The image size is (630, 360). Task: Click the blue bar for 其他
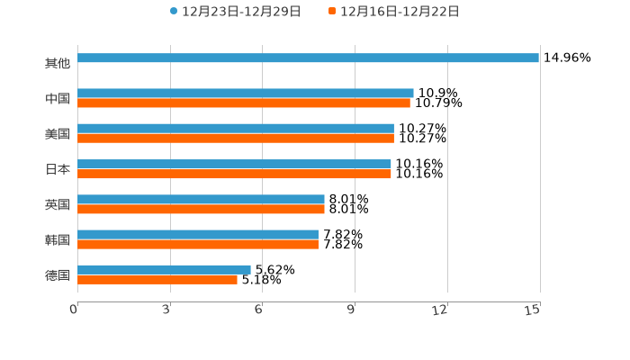pos(308,58)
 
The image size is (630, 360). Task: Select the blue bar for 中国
pos(246,93)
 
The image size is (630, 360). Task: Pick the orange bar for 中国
pos(244,103)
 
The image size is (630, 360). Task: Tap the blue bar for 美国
pos(236,129)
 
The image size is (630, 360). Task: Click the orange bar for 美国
pos(236,139)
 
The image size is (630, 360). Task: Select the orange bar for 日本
pos(234,174)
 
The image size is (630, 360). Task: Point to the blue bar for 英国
pos(201,199)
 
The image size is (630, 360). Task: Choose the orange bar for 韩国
pos(198,244)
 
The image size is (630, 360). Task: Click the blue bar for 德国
pos(164,269)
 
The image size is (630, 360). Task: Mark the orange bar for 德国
pos(157,279)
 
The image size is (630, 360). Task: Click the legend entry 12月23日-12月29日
pos(235,12)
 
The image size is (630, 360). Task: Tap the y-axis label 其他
pos(58,64)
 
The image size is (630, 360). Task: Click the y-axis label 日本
pos(58,169)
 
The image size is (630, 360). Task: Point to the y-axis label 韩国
pos(58,239)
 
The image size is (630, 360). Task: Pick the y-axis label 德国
pos(58,274)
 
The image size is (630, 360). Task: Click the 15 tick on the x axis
pos(533,310)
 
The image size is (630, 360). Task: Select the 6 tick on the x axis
pos(258,310)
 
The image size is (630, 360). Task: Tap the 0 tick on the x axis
pos(75,310)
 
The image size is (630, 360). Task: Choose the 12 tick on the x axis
pos(440,310)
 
